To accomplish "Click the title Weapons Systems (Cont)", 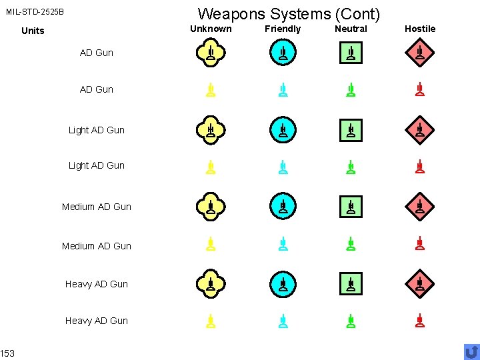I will pos(289,13).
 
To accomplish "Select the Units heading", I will pos(33,31).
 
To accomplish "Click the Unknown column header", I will pos(211,29).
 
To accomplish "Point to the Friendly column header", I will pos(283,29).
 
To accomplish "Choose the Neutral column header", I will pos(351,29).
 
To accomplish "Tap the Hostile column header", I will pos(420,29).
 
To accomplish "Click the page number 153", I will pos(7,353).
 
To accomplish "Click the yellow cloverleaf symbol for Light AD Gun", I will pos(210,130).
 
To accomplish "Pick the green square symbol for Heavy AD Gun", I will pos(351,285).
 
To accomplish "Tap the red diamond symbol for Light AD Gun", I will pos(419,130).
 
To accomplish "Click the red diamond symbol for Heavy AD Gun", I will pos(419,285).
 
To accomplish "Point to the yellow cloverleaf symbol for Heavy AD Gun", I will pos(210,285).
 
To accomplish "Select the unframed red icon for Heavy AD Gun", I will pos(419,321).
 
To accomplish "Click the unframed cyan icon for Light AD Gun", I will pos(283,167).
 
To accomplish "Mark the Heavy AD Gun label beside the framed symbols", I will pos(97,284).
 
